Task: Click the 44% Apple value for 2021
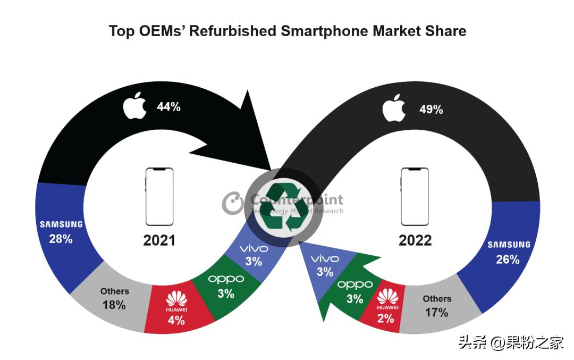click(168, 107)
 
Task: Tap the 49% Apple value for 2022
click(431, 110)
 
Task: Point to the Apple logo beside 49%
click(394, 108)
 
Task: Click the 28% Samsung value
click(61, 239)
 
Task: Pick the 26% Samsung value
click(508, 259)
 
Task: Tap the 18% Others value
click(114, 305)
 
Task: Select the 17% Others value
click(436, 313)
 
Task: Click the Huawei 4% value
click(176, 321)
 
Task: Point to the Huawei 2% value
click(386, 319)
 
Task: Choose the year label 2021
click(159, 241)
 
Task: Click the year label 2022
click(415, 241)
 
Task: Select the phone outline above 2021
click(159, 197)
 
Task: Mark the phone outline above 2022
click(415, 197)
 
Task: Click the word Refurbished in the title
click(232, 31)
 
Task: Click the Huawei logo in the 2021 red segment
click(176, 300)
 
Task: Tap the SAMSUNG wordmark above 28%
click(61, 224)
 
